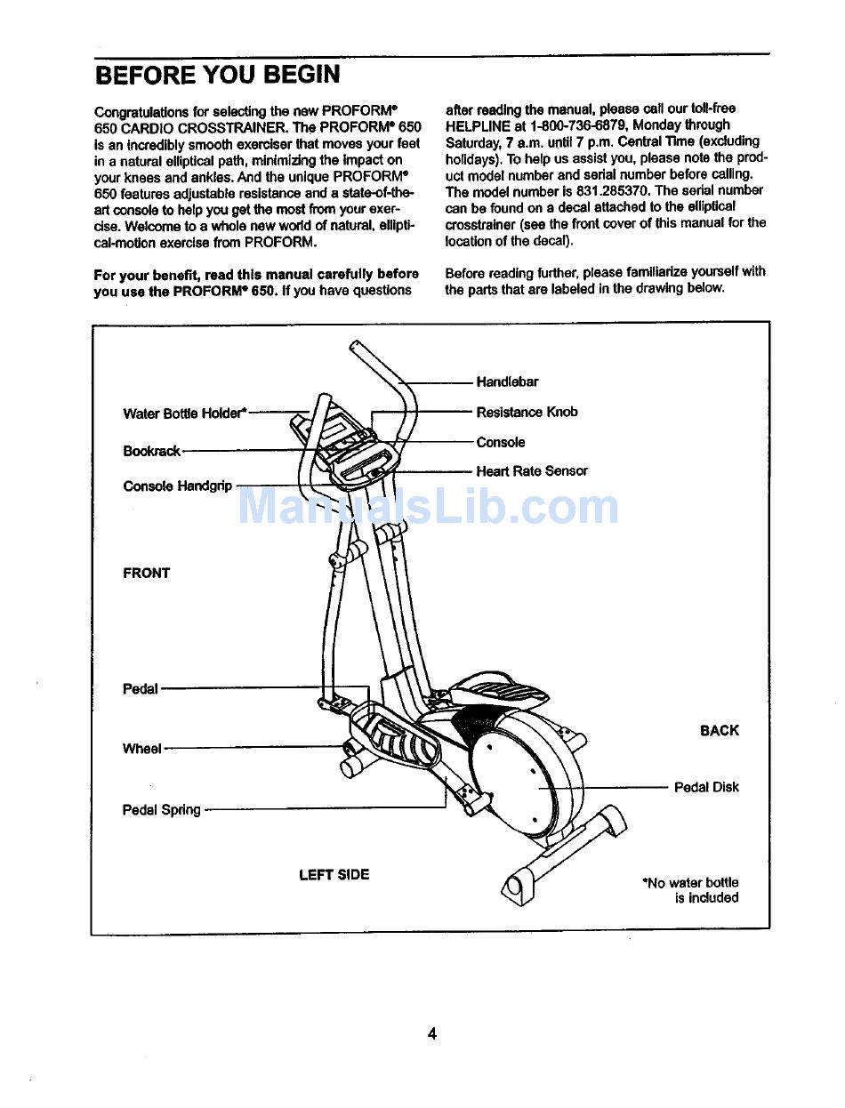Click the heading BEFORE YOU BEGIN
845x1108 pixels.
click(x=217, y=75)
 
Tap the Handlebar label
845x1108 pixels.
click(x=507, y=382)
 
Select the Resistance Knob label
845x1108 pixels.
click(x=527, y=412)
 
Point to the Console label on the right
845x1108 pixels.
click(x=501, y=442)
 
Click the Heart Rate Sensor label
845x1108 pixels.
click(x=532, y=471)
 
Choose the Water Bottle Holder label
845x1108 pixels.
click(x=184, y=413)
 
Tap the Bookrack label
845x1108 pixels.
click(x=152, y=451)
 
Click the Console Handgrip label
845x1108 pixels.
click(x=178, y=486)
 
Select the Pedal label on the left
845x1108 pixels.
click(x=141, y=688)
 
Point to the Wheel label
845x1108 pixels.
click(x=142, y=749)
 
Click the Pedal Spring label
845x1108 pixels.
click(x=162, y=810)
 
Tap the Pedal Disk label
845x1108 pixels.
click(x=706, y=787)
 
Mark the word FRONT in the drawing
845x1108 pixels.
click(x=146, y=574)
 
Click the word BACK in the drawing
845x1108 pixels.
click(x=719, y=731)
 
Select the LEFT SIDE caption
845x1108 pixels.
click(x=334, y=875)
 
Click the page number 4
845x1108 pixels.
click(x=431, y=1033)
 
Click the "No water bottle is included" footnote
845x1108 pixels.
click(x=691, y=890)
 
